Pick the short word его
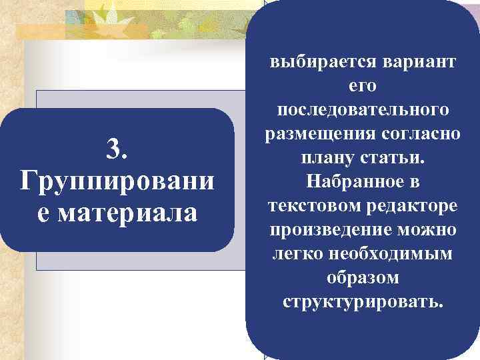(x=363, y=86)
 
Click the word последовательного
(x=363, y=110)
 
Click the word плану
(x=324, y=158)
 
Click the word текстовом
(x=309, y=205)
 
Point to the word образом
(x=363, y=277)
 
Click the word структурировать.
(x=363, y=301)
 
